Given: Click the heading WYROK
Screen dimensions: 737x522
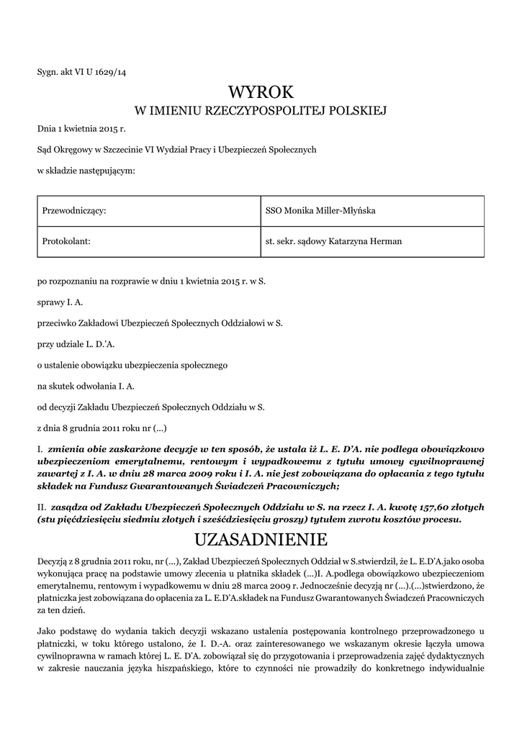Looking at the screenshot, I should pyautogui.click(x=261, y=91).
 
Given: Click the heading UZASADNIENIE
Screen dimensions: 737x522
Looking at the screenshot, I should pyautogui.click(x=261, y=539).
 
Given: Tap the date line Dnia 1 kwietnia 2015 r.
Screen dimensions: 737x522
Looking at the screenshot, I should pyautogui.click(x=81, y=130).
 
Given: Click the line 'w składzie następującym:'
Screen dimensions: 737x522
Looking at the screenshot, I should pyautogui.click(x=86, y=170).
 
